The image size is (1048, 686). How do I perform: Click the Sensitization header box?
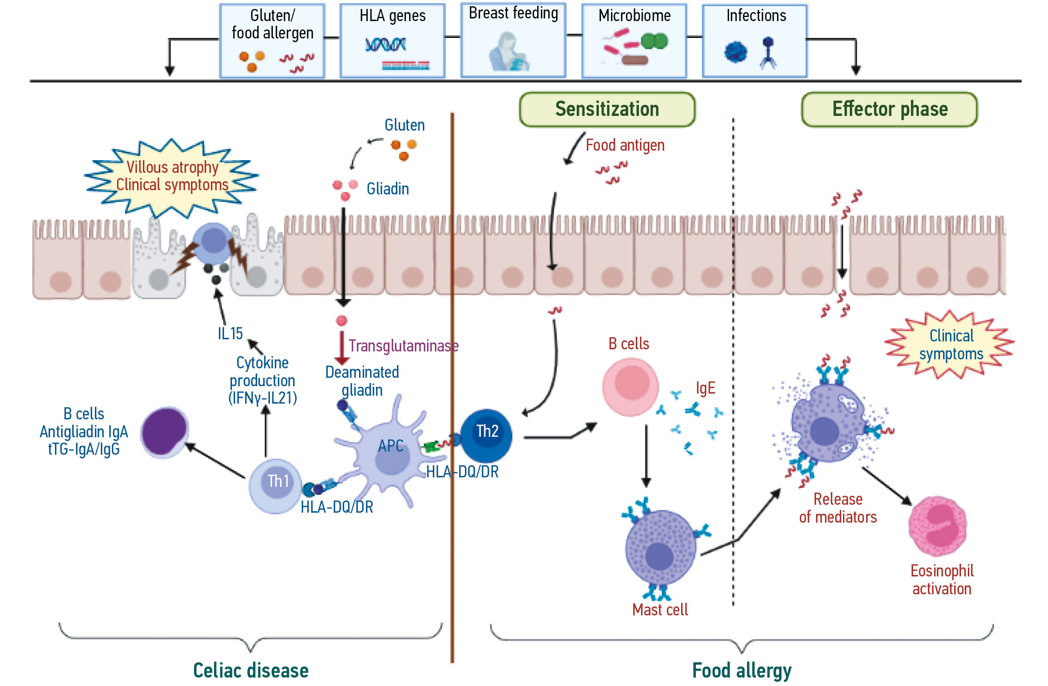607,109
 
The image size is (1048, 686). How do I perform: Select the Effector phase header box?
889,109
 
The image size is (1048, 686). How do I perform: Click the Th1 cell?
276,484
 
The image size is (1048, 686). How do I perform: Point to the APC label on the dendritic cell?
391,446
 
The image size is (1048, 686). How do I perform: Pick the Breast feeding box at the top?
513,41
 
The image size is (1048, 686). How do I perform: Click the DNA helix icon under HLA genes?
386,45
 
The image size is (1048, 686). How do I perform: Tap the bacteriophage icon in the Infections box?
768,52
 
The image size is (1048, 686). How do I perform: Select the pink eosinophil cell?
937,525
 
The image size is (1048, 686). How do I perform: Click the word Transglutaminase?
403,346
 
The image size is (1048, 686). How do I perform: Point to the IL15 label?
230,334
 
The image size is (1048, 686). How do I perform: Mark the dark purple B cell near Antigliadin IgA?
164,432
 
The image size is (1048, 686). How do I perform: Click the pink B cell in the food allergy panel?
630,386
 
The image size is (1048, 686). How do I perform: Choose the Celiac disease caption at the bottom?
250,670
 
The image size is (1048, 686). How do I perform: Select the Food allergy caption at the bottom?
741,670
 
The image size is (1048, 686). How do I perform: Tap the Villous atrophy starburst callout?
172,177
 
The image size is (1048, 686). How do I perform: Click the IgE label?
705,388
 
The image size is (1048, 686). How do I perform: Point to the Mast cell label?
660,610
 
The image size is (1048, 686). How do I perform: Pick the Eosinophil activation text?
942,580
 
